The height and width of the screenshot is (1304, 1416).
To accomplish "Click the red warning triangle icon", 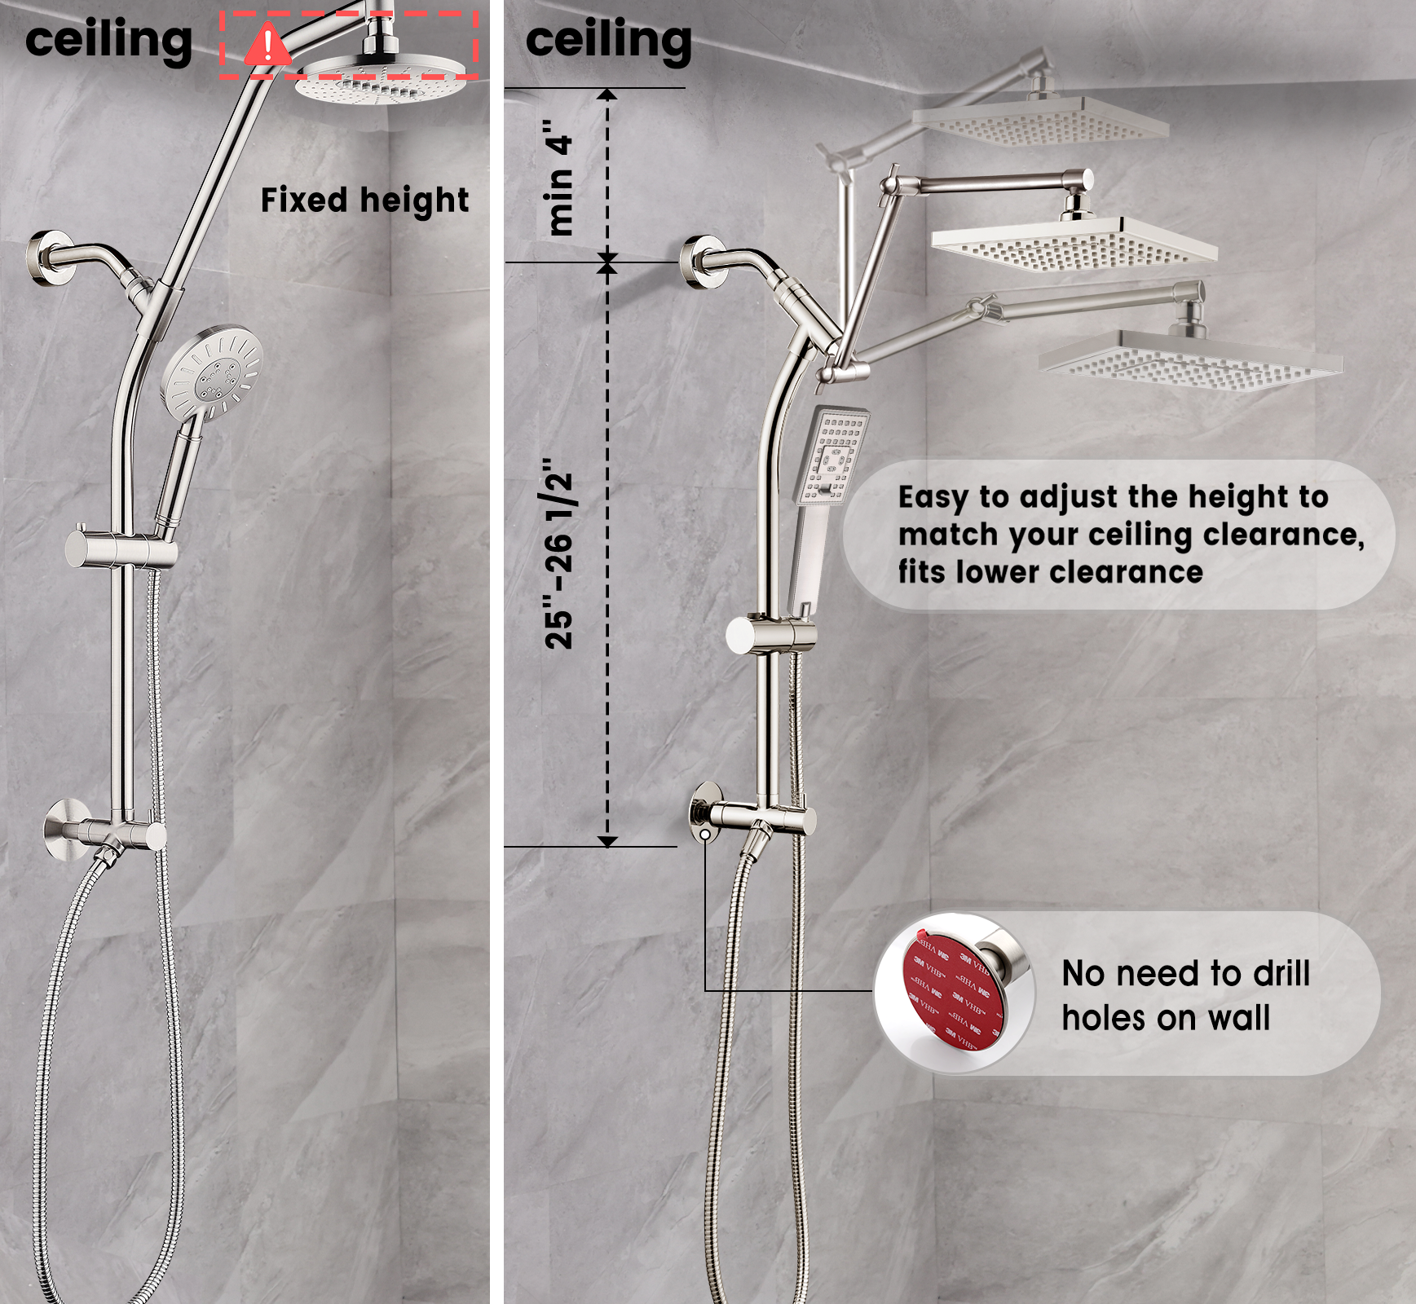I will click(267, 46).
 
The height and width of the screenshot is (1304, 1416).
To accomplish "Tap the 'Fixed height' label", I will click(364, 200).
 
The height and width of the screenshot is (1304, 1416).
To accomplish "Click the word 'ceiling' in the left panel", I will click(108, 41).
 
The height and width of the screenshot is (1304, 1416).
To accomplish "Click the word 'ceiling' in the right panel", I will click(608, 41).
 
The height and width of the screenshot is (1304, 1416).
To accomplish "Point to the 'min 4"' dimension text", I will click(561, 178).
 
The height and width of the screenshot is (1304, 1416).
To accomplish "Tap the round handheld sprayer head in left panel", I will click(212, 370).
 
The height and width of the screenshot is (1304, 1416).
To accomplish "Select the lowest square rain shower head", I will click(1190, 359).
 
